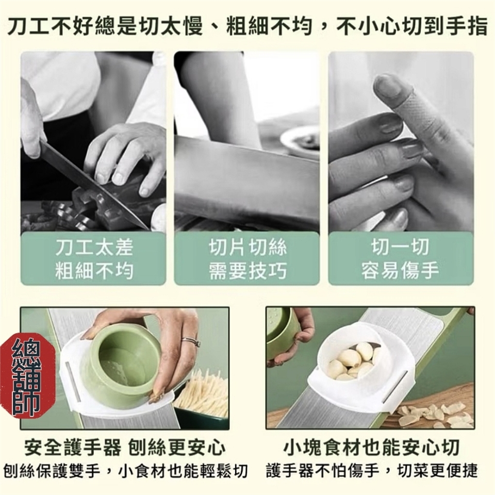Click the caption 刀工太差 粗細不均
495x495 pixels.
pyautogui.click(x=94, y=259)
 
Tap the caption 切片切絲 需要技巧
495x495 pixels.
pyautogui.click(x=247, y=259)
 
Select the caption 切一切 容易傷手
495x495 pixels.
pyautogui.click(x=400, y=259)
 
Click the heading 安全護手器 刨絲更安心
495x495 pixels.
pyautogui.click(x=125, y=448)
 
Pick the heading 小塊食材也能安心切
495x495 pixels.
pyautogui.click(x=371, y=448)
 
